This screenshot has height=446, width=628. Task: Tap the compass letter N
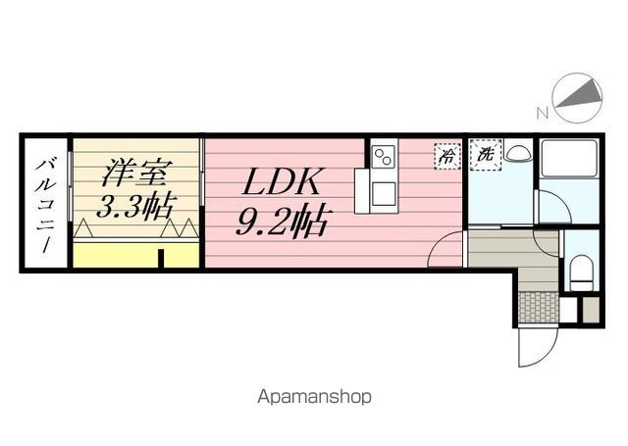click(x=542, y=113)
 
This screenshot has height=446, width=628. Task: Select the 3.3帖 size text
click(x=135, y=206)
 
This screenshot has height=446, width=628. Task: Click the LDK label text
click(x=282, y=181)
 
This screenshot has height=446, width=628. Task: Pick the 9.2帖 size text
click(x=282, y=222)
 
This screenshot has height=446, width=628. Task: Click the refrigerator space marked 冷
click(x=447, y=157)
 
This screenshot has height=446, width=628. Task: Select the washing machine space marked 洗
click(x=486, y=155)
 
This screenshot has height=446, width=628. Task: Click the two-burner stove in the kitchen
click(x=383, y=157)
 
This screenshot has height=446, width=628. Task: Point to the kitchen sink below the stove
click(x=384, y=193)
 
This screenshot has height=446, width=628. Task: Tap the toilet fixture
click(x=581, y=273)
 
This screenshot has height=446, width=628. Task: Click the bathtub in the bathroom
click(x=569, y=158)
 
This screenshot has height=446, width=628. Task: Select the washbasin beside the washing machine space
click(x=517, y=152)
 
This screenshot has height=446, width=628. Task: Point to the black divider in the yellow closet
click(x=161, y=259)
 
